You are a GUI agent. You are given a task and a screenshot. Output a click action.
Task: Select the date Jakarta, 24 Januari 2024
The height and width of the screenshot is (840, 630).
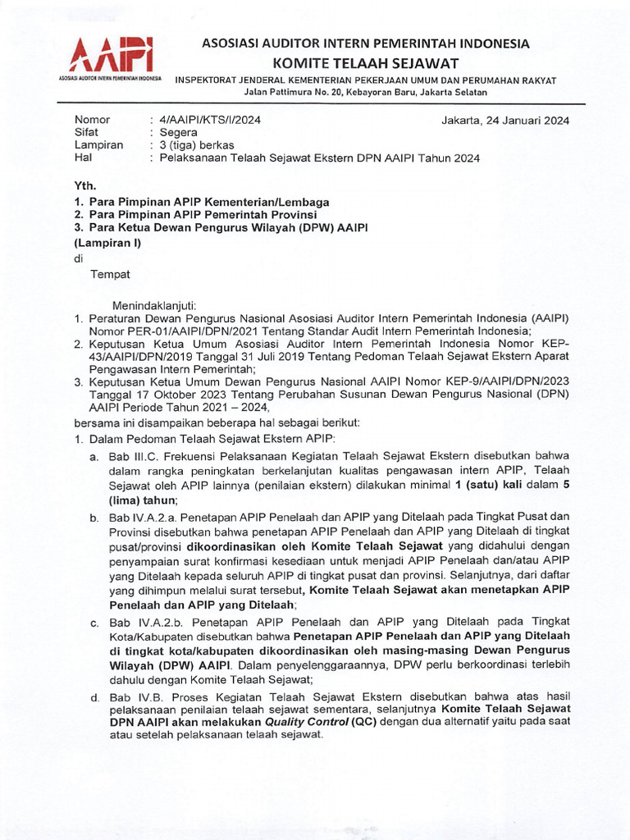click(x=505, y=120)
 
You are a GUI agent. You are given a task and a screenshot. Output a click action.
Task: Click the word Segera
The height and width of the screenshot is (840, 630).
click(x=179, y=132)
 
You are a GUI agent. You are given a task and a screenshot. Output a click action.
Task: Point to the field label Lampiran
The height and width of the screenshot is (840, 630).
click(x=98, y=145)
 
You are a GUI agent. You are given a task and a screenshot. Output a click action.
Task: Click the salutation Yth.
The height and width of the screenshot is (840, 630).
click(x=84, y=185)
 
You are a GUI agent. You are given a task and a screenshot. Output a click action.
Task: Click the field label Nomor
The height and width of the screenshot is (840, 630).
click(x=92, y=120)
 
